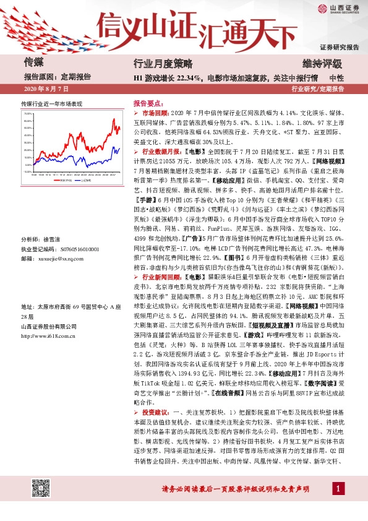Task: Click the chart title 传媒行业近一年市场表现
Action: [x=51, y=104]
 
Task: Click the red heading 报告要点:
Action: [x=148, y=104]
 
